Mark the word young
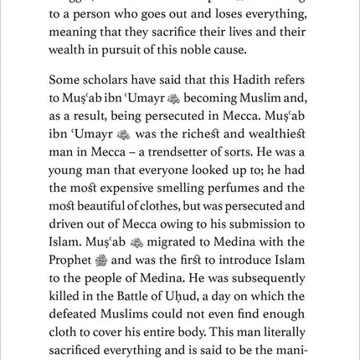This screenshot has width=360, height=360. [x=68, y=171]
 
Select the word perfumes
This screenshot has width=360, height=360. [x=236, y=188]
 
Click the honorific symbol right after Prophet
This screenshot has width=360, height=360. [x=101, y=260]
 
